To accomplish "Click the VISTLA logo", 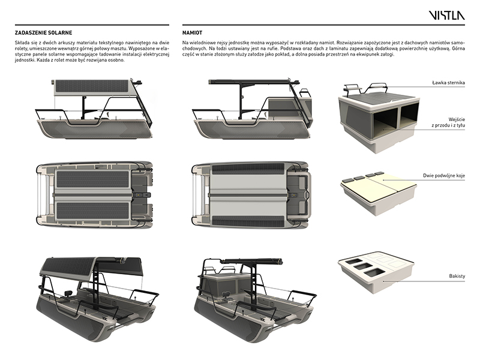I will coord(446,15).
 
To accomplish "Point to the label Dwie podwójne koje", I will coord(443,178).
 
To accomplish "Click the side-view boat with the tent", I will coord(252,108).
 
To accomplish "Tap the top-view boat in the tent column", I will coord(252,195).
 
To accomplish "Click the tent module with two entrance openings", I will coord(378,117).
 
